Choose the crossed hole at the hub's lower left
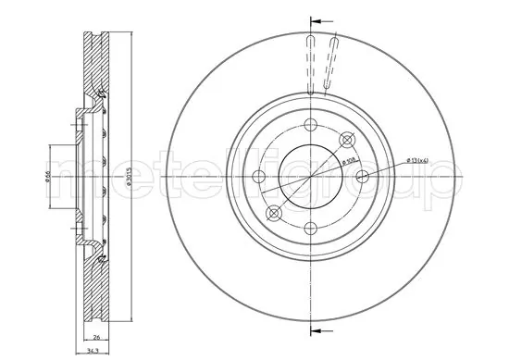[x=274, y=213]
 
